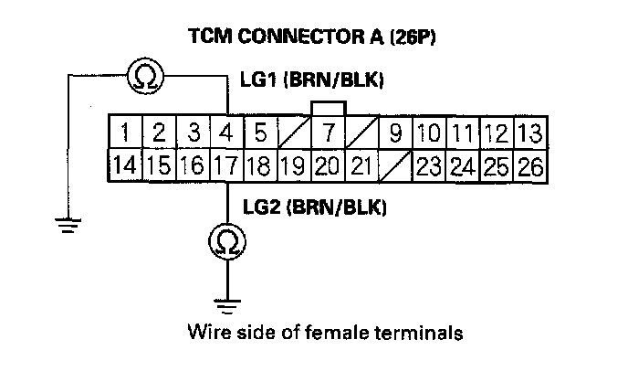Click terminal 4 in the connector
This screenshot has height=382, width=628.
click(225, 134)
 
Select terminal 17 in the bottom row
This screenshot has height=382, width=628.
click(225, 167)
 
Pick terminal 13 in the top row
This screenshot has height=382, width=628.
click(529, 134)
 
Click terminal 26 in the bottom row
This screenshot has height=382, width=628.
click(529, 167)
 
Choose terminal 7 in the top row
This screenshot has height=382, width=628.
click(327, 134)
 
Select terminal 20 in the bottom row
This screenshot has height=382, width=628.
click(327, 167)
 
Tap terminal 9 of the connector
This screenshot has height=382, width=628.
click(394, 134)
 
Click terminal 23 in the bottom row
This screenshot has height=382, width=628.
click(428, 167)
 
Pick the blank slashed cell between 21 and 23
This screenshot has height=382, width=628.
click(394, 167)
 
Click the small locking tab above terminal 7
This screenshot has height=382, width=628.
click(327, 108)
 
